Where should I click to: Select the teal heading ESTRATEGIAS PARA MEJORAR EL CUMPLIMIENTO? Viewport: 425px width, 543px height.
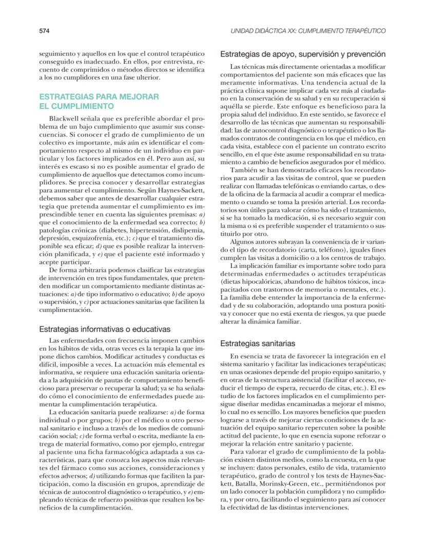click(x=92, y=102)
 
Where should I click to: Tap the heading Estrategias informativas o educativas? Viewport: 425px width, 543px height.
click(x=98, y=328)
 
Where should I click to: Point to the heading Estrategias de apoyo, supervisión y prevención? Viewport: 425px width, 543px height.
click(x=302, y=54)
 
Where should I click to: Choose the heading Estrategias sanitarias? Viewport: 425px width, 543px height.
click(x=257, y=343)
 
